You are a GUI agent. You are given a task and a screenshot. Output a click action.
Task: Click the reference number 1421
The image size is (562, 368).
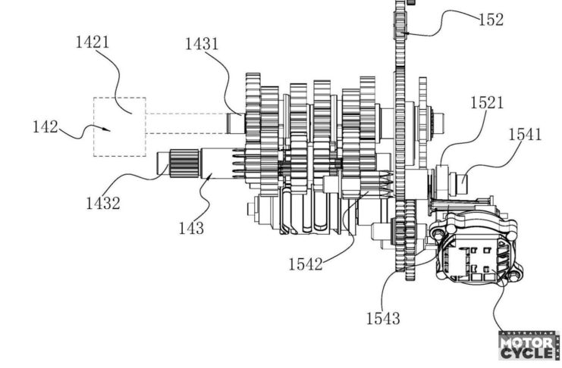tap(92, 42)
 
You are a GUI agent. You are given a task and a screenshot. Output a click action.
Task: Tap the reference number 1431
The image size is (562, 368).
tap(202, 43)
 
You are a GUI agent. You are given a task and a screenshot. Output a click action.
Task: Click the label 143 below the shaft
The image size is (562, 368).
tap(190, 226)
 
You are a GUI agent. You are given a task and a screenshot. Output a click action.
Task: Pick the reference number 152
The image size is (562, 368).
tap(490, 20)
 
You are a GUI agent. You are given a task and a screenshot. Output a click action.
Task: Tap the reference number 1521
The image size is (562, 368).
tap(486, 101)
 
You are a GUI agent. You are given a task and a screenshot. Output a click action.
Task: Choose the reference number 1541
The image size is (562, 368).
tap(525, 135)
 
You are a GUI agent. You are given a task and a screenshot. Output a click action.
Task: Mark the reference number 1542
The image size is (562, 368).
tap(305, 264)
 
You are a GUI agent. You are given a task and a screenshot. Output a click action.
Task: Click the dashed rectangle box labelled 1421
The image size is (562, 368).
tap(119, 126)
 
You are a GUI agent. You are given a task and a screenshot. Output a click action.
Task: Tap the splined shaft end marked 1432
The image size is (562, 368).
tap(177, 163)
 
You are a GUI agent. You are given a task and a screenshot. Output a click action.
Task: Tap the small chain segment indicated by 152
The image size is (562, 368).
tap(402, 23)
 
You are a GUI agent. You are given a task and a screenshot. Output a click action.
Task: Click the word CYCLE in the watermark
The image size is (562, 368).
tap(522, 354)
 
